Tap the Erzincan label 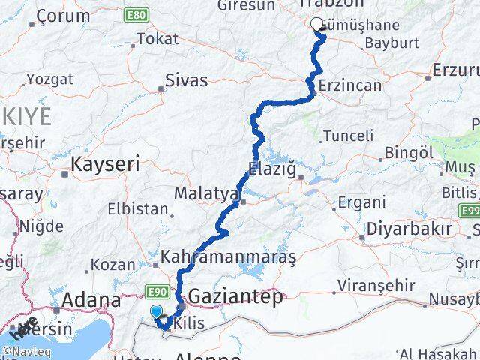349,85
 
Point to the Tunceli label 347,136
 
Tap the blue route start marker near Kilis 156,311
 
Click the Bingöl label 404,153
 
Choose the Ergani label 361,202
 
